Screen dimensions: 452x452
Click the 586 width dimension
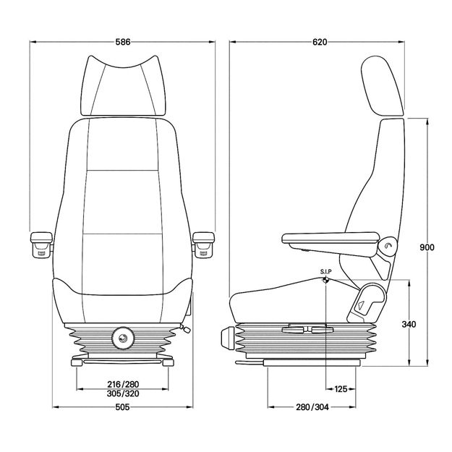(x=123, y=42)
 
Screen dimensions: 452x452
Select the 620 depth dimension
(x=320, y=42)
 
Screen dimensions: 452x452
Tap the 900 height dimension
(x=427, y=247)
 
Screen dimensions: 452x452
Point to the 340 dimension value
(x=409, y=324)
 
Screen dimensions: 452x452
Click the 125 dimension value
(x=341, y=389)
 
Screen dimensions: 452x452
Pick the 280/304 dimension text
(x=312, y=407)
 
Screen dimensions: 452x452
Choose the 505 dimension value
(x=122, y=407)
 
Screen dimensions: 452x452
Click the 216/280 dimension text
(x=123, y=384)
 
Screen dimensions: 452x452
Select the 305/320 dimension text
(x=123, y=393)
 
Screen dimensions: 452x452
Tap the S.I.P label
(x=325, y=271)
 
